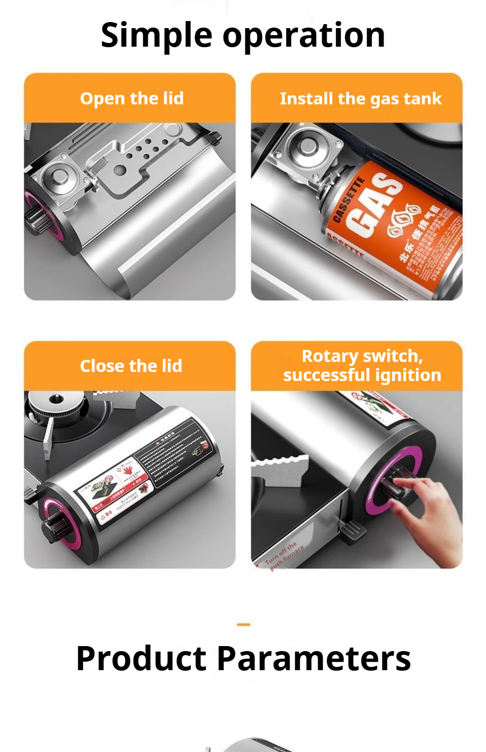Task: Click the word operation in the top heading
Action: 304,36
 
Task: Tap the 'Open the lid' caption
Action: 132,98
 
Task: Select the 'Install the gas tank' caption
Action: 360,98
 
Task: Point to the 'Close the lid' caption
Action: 131,366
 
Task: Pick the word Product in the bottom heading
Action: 141,658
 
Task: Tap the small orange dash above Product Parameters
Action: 244,624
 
